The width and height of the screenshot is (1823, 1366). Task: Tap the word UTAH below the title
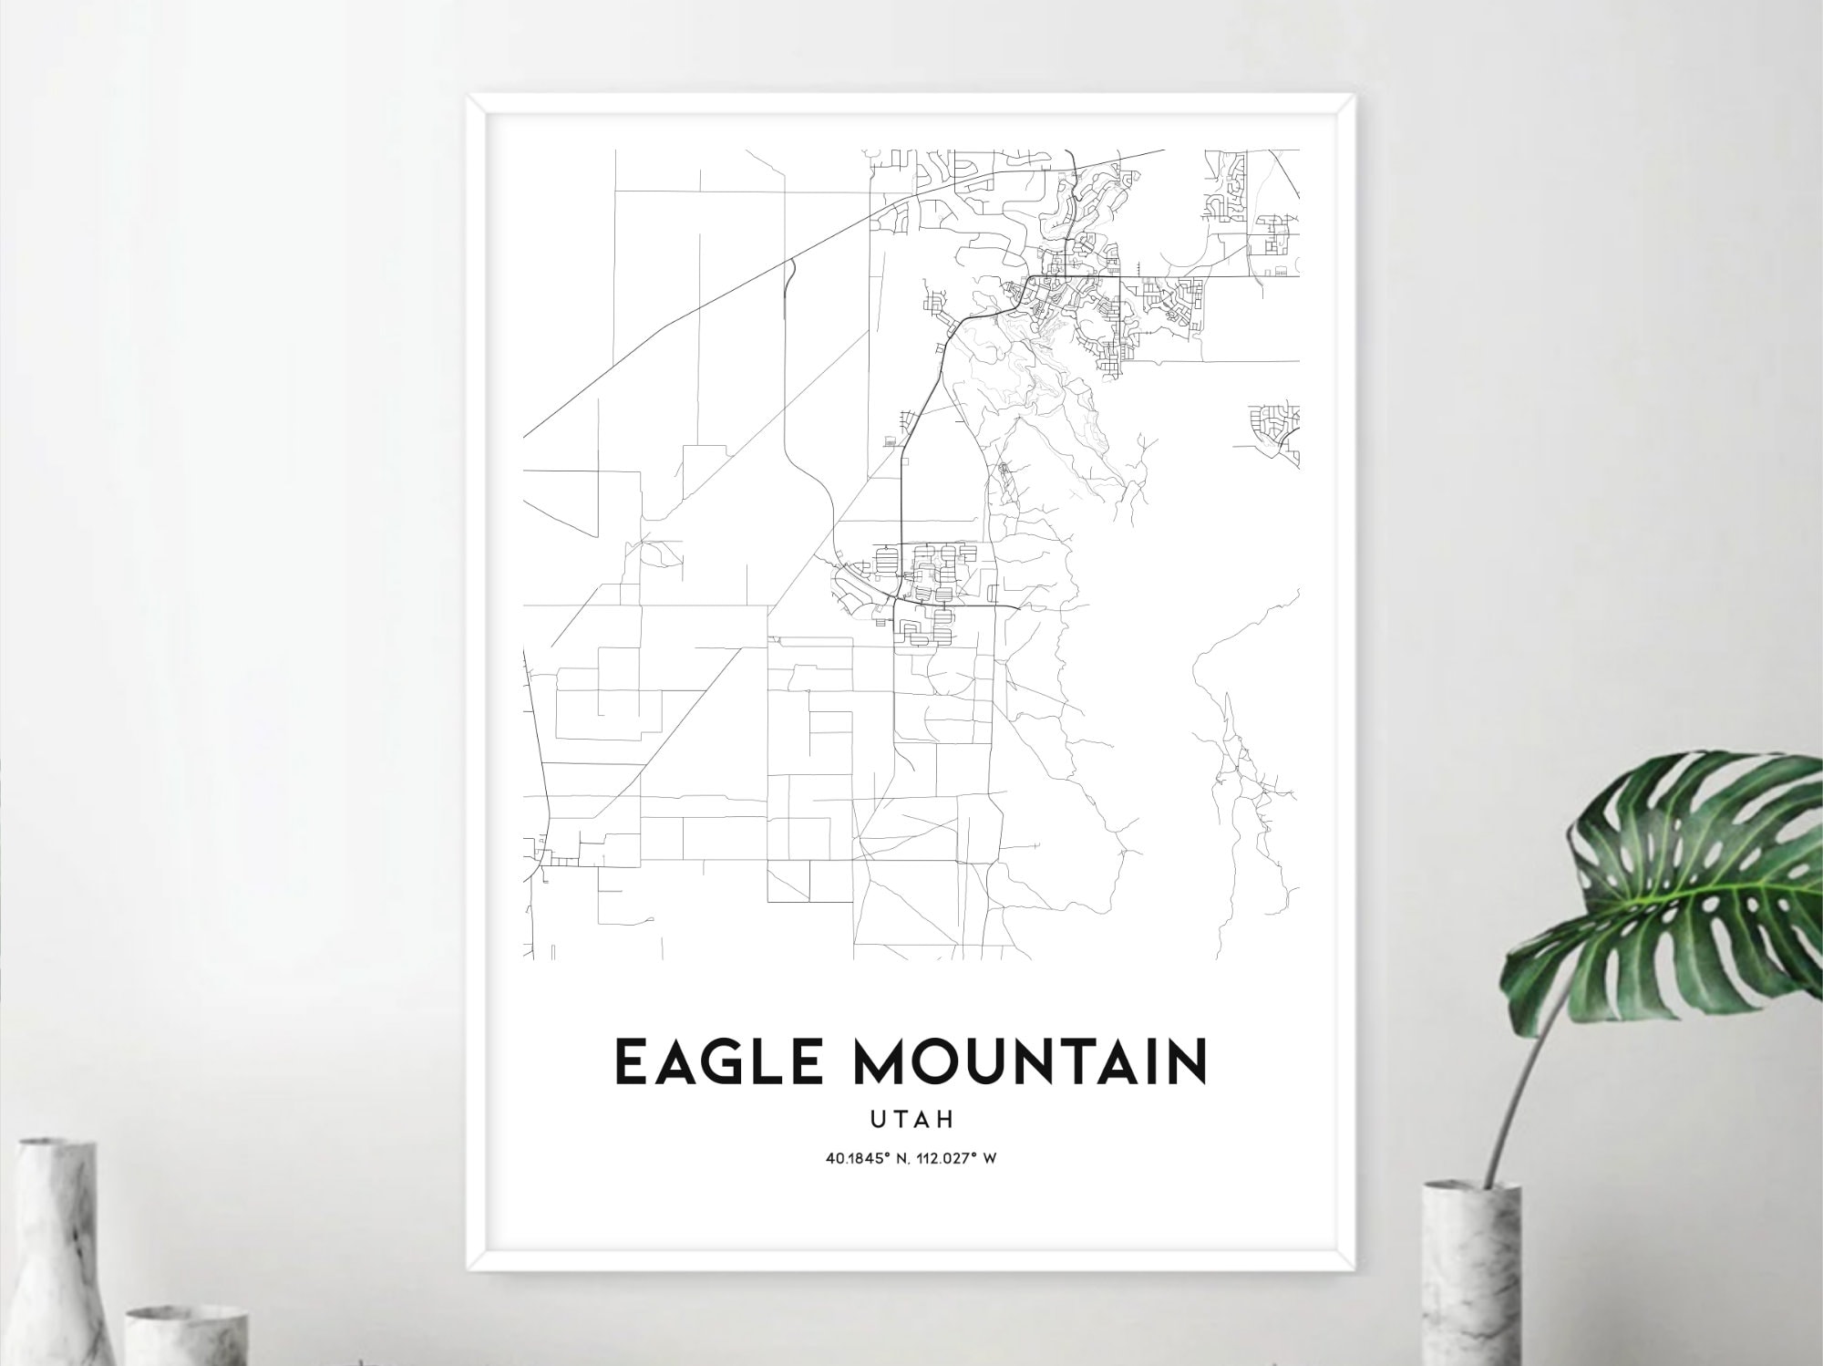tap(911, 1119)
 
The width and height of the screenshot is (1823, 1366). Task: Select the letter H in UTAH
tap(945, 1119)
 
